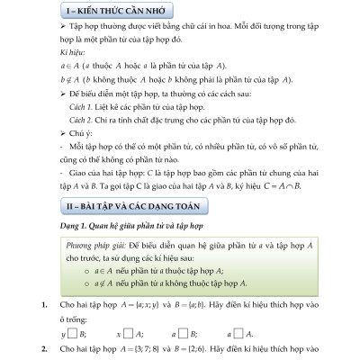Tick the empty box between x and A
click(x=125, y=332)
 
